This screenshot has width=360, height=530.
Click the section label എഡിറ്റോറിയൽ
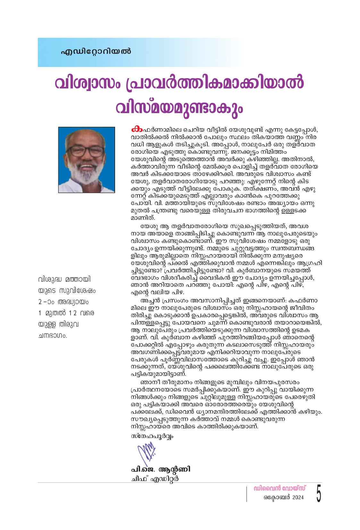point(96,51)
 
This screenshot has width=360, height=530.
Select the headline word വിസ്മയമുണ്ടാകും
point(179,108)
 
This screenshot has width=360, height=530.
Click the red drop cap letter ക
point(136,129)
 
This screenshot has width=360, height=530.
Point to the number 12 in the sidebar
point(73,313)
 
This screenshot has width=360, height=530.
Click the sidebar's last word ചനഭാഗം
point(53,336)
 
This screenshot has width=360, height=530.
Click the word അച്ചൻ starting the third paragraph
point(150,301)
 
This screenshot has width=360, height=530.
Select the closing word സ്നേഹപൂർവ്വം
point(152,436)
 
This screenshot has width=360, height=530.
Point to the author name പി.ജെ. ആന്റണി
point(161,469)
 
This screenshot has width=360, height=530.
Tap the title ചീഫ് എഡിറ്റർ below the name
point(155,479)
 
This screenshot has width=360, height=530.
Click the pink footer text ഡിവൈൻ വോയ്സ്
point(279,488)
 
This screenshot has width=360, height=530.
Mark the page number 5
point(318,493)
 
